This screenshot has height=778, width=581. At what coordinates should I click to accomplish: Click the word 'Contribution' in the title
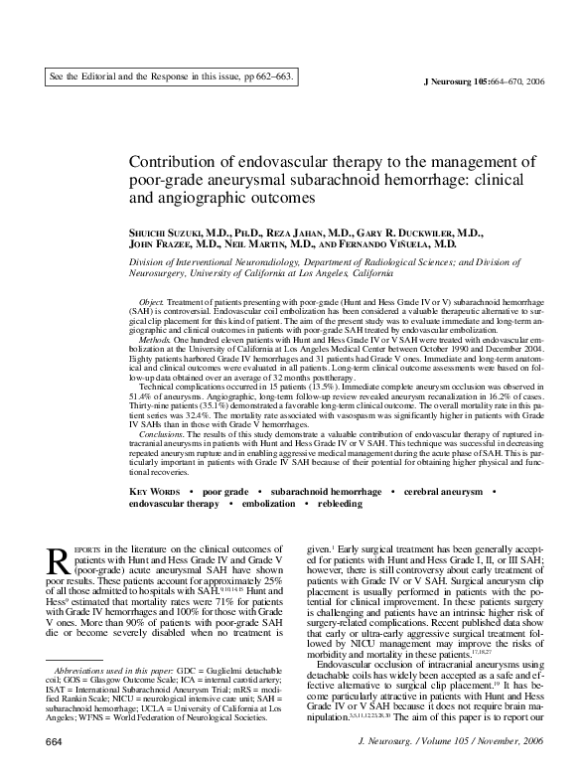point(175,163)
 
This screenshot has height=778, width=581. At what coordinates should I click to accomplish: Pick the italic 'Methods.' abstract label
point(155,338)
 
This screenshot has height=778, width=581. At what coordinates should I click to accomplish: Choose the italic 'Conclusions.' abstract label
point(161,434)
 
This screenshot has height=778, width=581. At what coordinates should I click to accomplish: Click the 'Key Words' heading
point(154,493)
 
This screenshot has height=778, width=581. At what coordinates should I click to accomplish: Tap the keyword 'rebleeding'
point(340,505)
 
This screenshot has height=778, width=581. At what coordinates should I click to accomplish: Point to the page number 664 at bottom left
point(56,769)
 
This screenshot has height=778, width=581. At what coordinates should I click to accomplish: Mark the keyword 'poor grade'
point(224,493)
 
